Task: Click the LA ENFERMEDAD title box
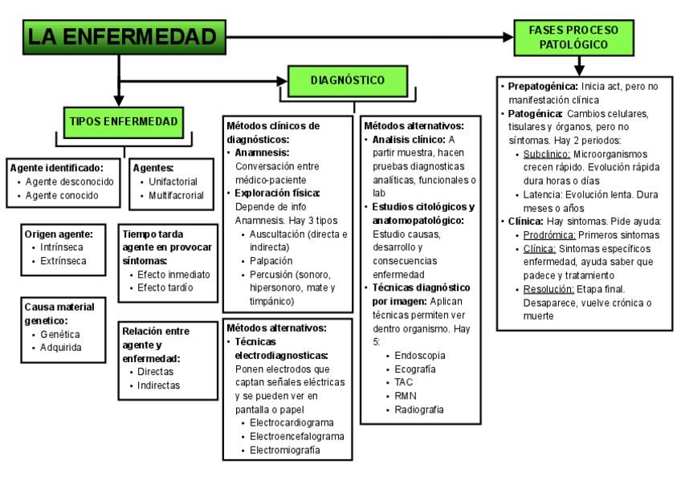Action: [121, 37]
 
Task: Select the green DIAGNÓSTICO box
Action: [347, 79]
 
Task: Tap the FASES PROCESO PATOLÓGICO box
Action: [573, 37]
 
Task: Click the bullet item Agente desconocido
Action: [70, 181]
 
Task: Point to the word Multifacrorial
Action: [176, 195]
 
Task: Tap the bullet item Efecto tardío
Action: [165, 287]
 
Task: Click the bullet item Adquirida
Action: [61, 348]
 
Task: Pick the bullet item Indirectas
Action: [158, 385]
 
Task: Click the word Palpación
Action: [271, 261]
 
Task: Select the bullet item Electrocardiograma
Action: [292, 422]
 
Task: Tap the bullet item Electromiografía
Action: [285, 450]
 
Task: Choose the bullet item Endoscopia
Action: [419, 354]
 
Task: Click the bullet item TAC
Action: [404, 382]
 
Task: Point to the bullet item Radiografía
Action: [419, 410]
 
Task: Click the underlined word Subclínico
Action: [546, 153]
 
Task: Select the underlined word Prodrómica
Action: [549, 235]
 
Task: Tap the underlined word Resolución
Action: [548, 289]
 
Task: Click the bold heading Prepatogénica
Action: [542, 86]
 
